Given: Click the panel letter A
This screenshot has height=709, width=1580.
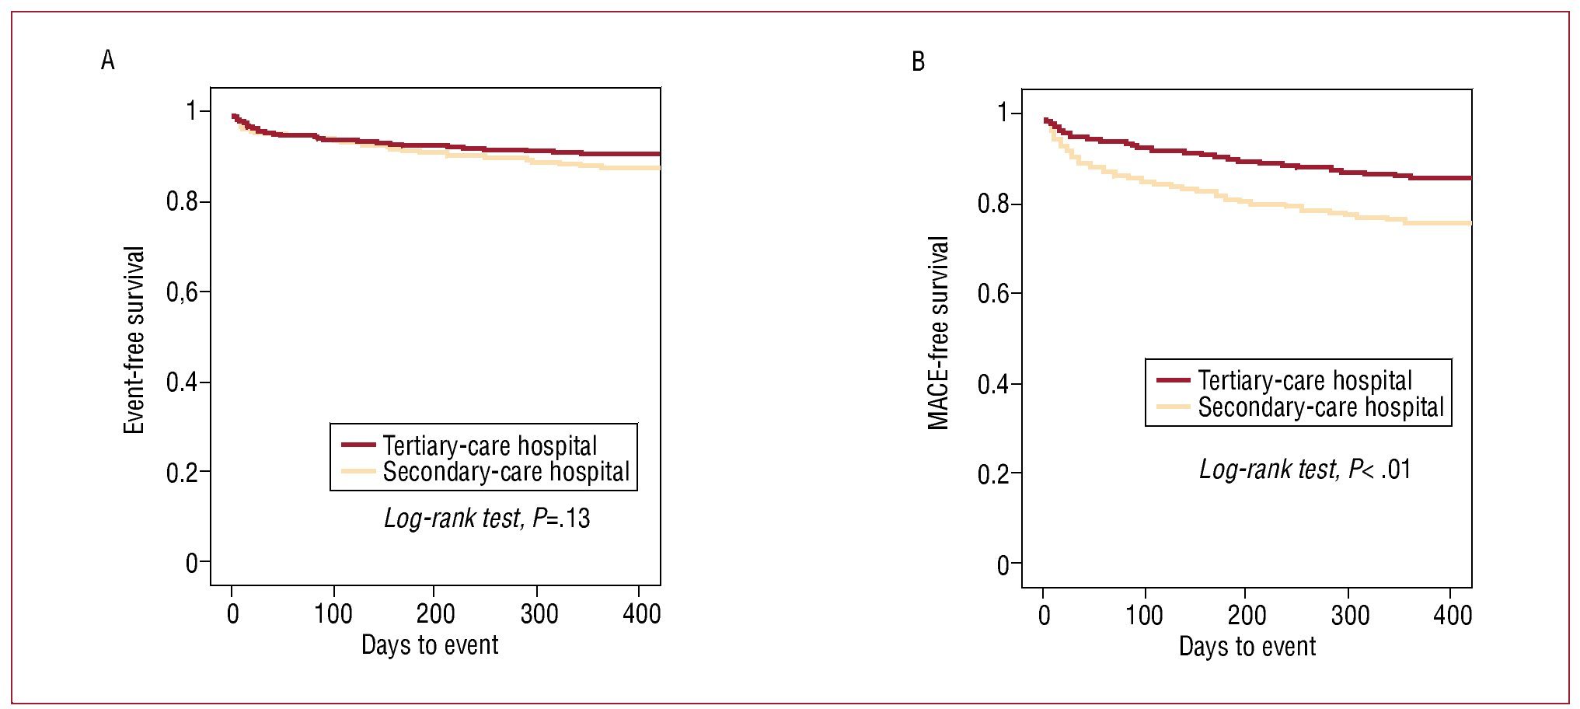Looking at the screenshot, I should coord(107,60).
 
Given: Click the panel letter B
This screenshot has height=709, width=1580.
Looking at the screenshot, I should coord(918,61).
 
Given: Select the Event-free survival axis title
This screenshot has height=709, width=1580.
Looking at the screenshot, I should coord(134,340).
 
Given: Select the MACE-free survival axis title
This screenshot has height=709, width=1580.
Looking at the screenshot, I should coord(939,333).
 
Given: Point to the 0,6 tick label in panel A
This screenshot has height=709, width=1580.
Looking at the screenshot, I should coord(187,292).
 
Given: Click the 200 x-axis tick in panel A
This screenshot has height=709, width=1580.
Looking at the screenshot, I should coord(435,614).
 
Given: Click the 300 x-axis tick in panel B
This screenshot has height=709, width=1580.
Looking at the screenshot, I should coord(1350,616).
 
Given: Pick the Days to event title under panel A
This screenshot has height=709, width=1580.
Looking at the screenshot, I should coord(430,645).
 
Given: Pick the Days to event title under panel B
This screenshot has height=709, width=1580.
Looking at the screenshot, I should coord(1247,647).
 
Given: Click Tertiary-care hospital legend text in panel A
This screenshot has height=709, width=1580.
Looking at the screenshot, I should coord(490,445).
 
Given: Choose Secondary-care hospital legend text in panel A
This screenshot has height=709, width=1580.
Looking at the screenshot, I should coord(506,472).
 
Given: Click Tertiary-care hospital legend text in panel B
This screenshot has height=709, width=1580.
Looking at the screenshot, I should coord(1305,380).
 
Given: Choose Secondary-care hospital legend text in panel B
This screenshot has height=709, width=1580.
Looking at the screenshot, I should coord(1320,407).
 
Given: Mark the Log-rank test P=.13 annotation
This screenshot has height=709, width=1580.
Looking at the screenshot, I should coord(487,519).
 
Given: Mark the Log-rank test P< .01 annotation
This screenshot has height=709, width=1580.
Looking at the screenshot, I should coord(1305,470).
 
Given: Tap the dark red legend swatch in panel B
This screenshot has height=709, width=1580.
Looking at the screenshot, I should coord(1173,380).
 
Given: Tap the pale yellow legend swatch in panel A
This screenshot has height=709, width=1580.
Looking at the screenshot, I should coord(358,471).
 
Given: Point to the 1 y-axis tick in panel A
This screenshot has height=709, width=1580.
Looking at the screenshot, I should coord(192,111).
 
